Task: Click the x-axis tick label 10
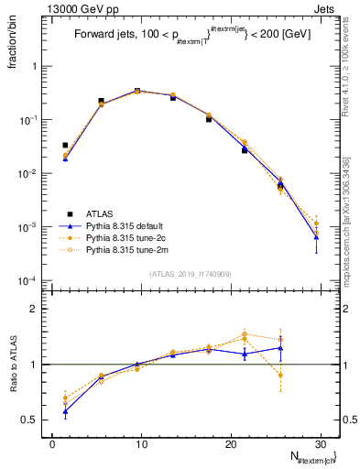click(140, 444)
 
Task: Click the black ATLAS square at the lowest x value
click(65, 145)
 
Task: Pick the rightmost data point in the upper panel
click(316, 224)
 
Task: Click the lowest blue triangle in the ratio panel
click(65, 411)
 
